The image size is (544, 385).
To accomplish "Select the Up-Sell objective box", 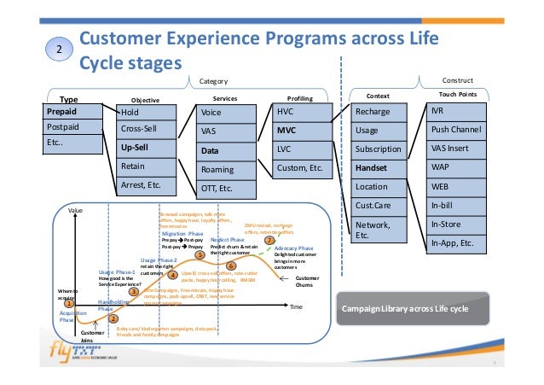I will [146, 147].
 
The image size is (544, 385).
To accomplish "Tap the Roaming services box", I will [226, 169].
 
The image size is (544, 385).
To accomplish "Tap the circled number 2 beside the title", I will [58, 51].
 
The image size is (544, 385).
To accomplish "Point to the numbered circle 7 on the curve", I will [269, 241].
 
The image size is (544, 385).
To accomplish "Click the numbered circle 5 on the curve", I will [200, 254].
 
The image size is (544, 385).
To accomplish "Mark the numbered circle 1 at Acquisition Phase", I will [70, 302].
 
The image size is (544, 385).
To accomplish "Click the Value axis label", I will [76, 209].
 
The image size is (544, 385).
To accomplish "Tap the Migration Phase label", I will [182, 231].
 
